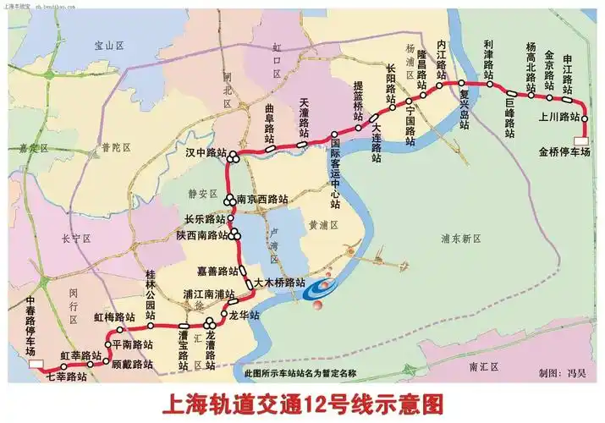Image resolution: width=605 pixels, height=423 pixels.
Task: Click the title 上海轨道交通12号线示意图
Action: coord(301,402)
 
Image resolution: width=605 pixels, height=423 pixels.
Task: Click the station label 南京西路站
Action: coord(262,200)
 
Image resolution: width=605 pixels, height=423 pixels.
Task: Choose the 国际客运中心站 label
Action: coord(335,173)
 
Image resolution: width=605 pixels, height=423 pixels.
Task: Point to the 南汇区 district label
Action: coord(485,366)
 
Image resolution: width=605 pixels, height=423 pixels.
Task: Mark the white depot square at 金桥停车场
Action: coord(580,140)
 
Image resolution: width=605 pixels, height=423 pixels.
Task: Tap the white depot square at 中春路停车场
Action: coord(36,364)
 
